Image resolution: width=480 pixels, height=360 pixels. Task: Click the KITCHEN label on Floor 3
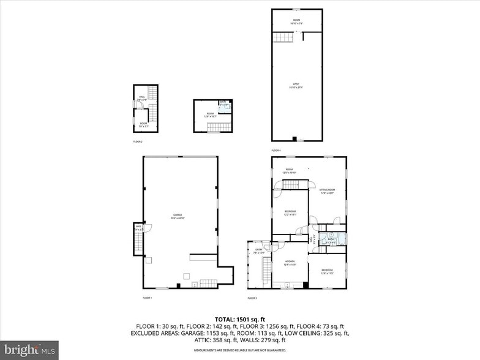[290, 263]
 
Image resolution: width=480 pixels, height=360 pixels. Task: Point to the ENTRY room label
[258, 250]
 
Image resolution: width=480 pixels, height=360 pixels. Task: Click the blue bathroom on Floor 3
[332, 239]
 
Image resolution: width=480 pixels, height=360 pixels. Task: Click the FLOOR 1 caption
[147, 298]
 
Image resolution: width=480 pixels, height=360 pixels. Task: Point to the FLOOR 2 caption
[138, 141]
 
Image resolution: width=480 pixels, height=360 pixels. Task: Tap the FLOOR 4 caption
[276, 150]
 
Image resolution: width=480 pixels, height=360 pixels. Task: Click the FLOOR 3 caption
[252, 298]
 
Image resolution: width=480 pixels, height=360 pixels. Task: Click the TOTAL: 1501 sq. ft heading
[239, 319]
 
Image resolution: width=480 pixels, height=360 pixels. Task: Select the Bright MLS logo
[29, 350]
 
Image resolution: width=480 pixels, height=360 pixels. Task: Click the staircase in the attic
[283, 38]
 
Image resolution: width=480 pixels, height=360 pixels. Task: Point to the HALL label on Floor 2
[141, 97]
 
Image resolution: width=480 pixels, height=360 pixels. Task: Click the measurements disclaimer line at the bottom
[239, 350]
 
